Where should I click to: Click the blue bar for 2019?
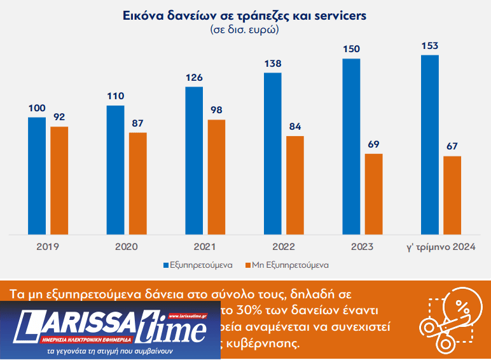[37, 176]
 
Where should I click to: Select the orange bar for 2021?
[216, 177]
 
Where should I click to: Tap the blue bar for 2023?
[351, 146]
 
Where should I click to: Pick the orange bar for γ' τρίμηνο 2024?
[452, 195]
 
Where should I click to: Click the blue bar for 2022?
[272, 153]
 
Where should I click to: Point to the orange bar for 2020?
[137, 183]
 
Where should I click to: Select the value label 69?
[373, 144]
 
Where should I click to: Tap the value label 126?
[194, 78]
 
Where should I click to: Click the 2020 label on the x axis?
[127, 246]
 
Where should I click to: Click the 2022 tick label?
[283, 246]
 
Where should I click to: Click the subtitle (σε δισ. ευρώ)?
[245, 29]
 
